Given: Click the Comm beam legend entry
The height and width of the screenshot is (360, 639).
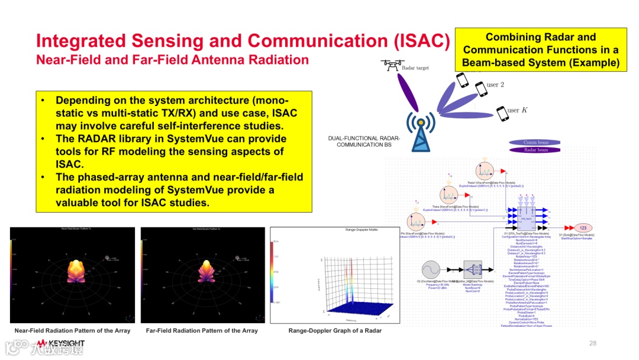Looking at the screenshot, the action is coord(536,142).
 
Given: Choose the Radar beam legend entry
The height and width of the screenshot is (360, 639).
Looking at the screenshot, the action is coord(536,150).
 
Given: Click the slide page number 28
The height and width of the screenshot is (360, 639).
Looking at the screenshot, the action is coord(593,343).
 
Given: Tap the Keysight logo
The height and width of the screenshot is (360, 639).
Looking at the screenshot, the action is coord(59,343).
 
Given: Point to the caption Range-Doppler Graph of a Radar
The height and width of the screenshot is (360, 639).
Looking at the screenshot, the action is coord(335,330).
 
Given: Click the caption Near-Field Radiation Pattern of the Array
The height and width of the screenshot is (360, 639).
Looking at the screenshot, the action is coord(72,330).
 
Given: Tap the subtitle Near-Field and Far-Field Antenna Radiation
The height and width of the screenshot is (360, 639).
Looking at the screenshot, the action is coord(172,60).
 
